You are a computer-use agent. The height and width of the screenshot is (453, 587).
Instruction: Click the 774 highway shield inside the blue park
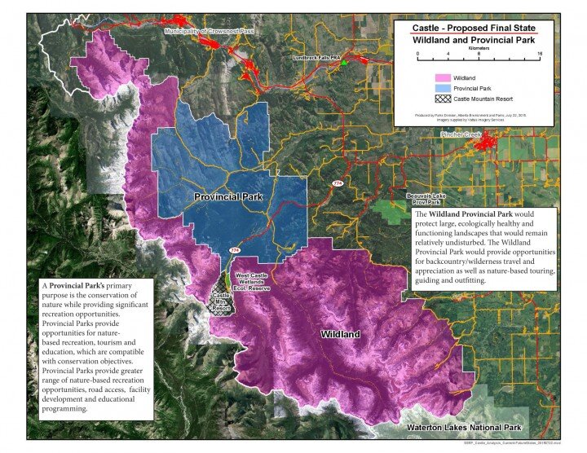235,250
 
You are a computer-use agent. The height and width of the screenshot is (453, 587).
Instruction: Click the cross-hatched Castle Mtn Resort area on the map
221,304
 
